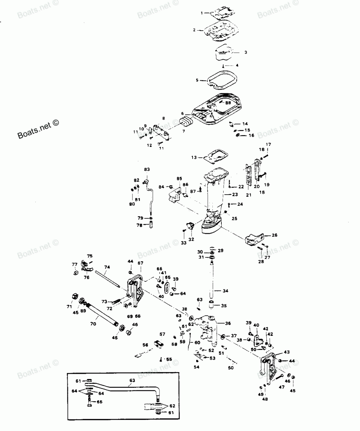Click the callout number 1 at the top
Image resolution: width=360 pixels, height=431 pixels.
click(202, 13)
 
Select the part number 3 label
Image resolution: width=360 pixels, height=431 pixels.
click(246, 52)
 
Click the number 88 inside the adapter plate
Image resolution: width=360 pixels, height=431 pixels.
click(228, 103)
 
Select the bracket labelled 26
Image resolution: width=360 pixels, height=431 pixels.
click(256, 239)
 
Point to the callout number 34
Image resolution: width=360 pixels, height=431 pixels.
click(226, 291)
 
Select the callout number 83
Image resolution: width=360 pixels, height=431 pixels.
click(147, 169)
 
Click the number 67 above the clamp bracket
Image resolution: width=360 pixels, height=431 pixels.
click(140, 263)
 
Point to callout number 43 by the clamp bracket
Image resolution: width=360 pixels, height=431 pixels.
click(287, 352)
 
